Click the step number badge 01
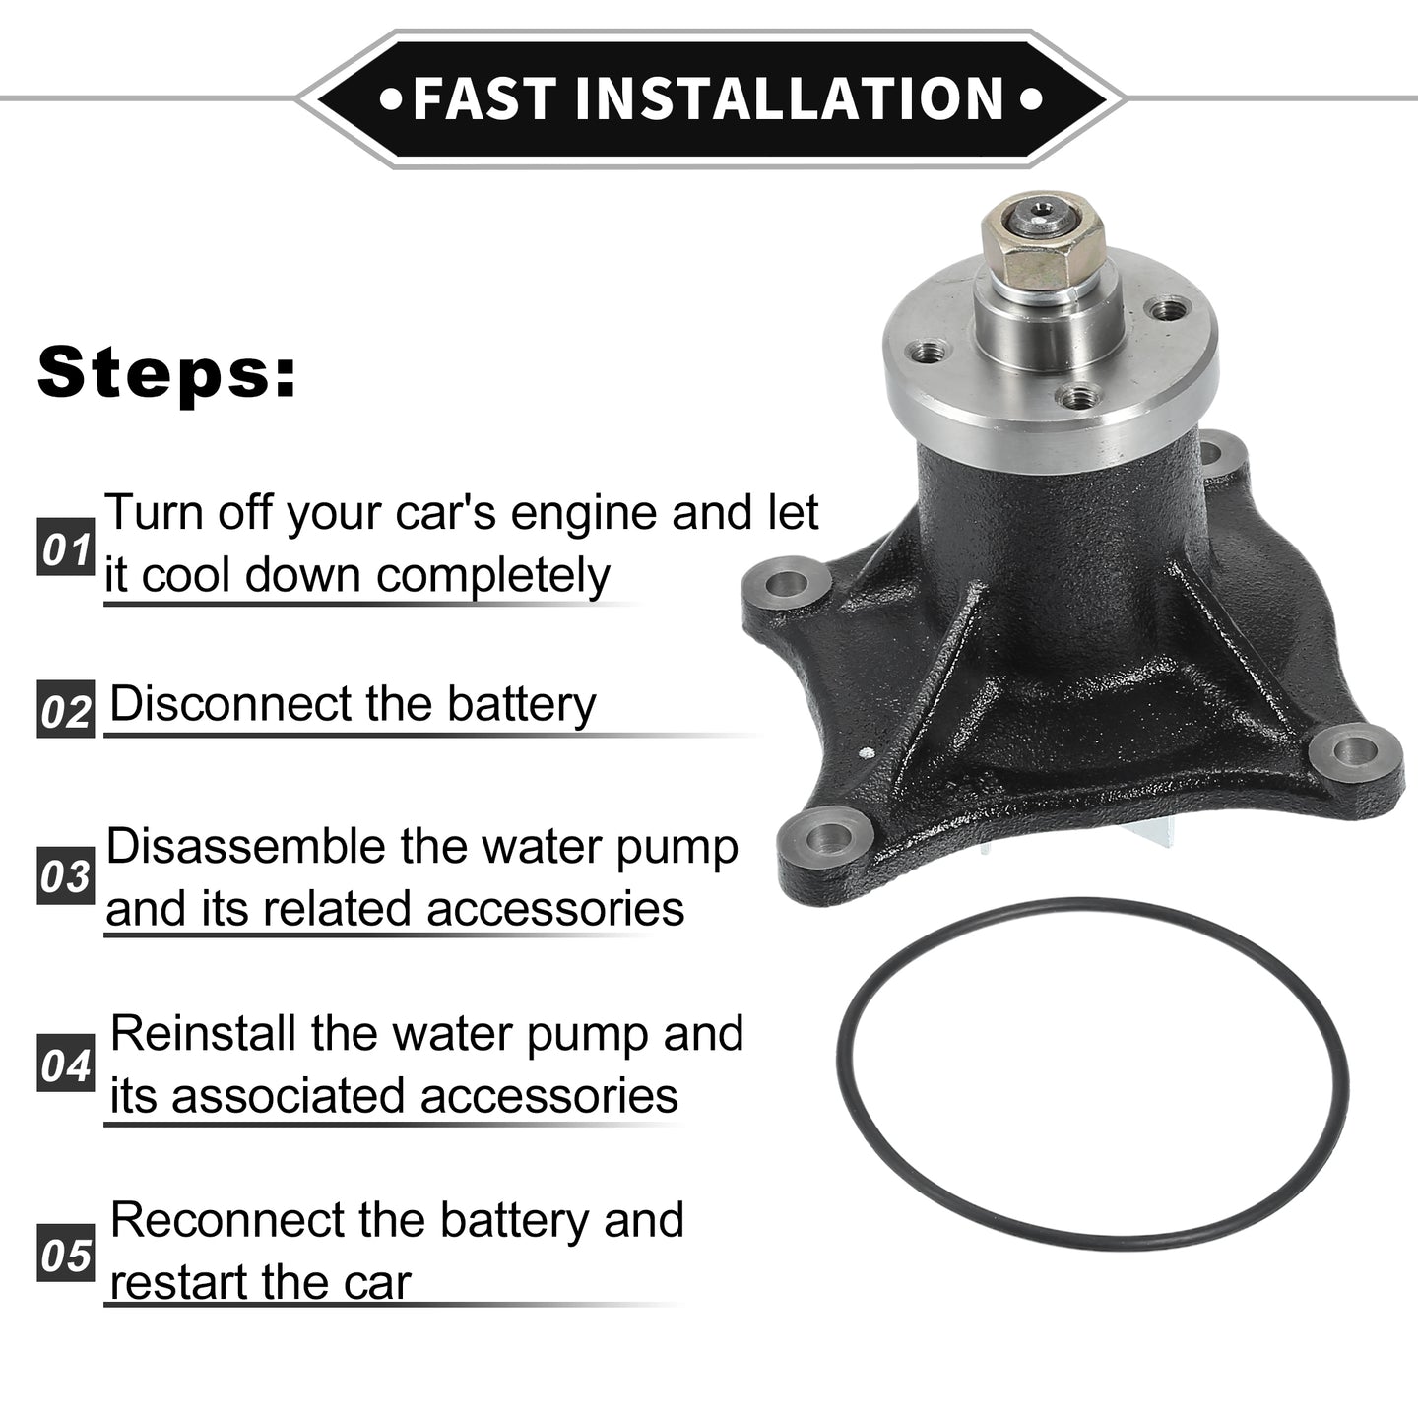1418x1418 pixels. [66, 547]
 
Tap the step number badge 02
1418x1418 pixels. [66, 709]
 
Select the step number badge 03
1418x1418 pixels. [66, 875]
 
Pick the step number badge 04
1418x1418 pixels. [66, 1063]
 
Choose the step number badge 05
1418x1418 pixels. [66, 1254]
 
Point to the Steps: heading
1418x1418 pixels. [167, 371]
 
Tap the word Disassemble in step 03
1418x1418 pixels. [247, 846]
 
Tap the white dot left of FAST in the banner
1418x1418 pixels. [390, 98]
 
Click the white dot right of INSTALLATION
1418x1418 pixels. [1031, 98]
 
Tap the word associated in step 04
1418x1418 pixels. [288, 1096]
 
